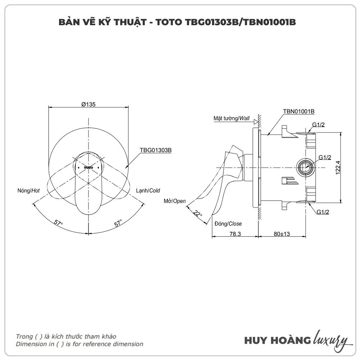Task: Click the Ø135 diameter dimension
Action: point(88,104)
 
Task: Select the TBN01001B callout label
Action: point(299,111)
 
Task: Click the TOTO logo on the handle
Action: point(88,167)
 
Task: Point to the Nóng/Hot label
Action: point(28,191)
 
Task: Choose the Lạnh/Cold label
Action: point(148,191)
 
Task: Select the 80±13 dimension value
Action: point(282,234)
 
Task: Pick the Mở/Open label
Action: point(175,201)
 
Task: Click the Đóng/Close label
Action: point(228,224)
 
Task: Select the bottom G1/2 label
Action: point(323,212)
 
